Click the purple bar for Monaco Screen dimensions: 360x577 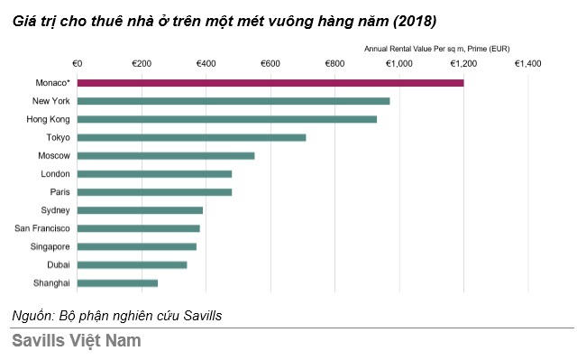[270, 82]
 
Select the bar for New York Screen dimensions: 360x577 [234, 101]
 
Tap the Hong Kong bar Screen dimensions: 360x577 [227, 119]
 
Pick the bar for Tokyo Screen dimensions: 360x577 [192, 137]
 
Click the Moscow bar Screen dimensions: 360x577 [166, 155]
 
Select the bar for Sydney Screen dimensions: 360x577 [141, 210]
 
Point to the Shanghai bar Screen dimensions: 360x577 [118, 283]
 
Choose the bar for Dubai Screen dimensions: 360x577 [133, 264]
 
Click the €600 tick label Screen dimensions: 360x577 [270, 64]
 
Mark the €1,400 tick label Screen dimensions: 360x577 [527, 64]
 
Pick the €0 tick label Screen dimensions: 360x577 [77, 64]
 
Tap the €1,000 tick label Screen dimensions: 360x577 [398, 64]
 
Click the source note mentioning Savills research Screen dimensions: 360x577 [116, 316]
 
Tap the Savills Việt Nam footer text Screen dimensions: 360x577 [77, 342]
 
